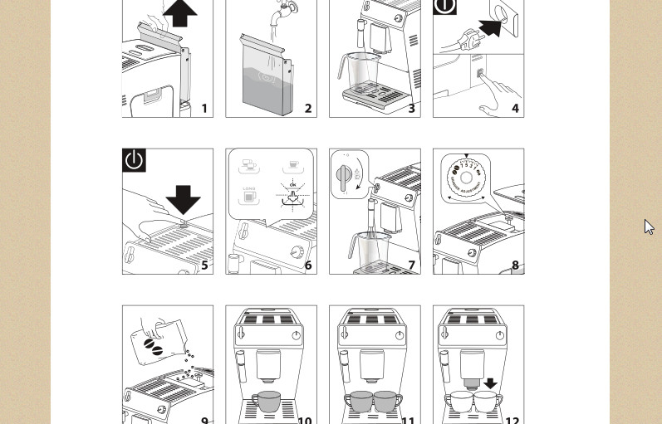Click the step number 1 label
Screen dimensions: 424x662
(204, 109)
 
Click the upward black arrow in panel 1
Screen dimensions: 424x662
(179, 13)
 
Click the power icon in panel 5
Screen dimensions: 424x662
(134, 160)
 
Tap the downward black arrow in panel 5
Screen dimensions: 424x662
(183, 198)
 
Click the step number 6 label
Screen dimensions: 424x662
(308, 266)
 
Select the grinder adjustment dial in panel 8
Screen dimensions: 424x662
(466, 178)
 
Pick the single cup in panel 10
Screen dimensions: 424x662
(266, 401)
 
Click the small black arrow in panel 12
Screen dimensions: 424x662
(490, 383)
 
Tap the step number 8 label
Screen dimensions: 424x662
(515, 266)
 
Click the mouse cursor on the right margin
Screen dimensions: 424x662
(649, 227)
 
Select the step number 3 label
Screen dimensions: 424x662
(411, 109)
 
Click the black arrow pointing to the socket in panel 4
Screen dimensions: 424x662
(490, 27)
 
